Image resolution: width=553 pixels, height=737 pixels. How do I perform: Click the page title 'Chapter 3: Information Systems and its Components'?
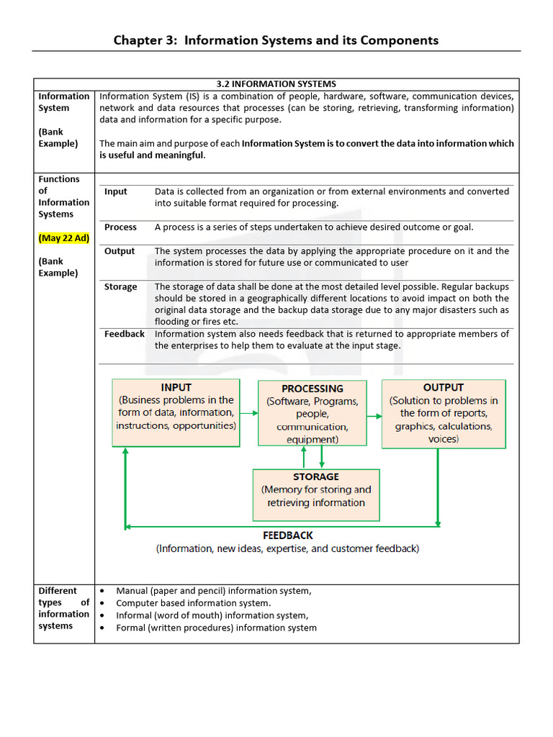click(x=276, y=40)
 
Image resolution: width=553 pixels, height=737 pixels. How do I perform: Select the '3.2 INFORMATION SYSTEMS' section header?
click(x=276, y=84)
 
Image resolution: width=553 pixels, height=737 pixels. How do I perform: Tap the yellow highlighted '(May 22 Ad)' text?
click(x=63, y=238)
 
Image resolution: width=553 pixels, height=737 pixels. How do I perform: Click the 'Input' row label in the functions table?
click(x=115, y=191)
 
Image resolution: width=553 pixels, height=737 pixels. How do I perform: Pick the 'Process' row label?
click(x=120, y=227)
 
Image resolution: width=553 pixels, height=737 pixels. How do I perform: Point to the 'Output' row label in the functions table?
click(x=120, y=251)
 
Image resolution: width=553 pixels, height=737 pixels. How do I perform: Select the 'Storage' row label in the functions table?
click(x=120, y=287)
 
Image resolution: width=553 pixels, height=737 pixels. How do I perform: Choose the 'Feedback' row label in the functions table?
click(x=124, y=334)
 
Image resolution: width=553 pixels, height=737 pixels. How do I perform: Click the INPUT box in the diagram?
click(x=176, y=412)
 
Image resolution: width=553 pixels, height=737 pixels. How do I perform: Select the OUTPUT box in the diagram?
click(x=443, y=413)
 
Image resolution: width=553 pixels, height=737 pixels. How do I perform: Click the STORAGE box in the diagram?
click(x=315, y=494)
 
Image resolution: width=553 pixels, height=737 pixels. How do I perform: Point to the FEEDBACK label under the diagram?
click(x=287, y=535)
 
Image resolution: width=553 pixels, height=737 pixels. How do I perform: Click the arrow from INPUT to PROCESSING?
click(x=248, y=413)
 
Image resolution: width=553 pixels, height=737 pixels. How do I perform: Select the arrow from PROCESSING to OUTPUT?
click(x=374, y=415)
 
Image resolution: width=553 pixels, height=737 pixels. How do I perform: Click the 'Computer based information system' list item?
click(x=193, y=603)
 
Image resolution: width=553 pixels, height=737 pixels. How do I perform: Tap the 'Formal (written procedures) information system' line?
click(x=216, y=628)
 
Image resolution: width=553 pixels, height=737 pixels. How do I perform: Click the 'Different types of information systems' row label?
click(x=63, y=608)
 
